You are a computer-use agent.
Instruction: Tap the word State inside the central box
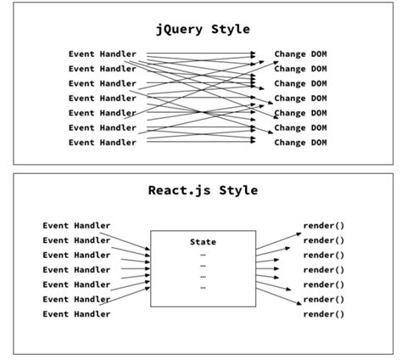click(203, 242)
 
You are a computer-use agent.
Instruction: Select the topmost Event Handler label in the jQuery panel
click(102, 54)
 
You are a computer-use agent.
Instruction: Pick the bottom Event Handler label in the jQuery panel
click(102, 143)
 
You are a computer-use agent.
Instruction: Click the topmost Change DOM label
click(300, 54)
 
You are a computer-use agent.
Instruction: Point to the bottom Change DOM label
click(300, 143)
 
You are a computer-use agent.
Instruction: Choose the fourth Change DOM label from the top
click(300, 98)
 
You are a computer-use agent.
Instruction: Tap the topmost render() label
click(324, 226)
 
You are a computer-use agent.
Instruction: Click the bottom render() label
click(324, 314)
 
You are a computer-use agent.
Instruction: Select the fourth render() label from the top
click(324, 270)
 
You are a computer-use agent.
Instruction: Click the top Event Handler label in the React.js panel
click(76, 226)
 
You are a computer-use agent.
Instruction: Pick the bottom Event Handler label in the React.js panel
click(76, 314)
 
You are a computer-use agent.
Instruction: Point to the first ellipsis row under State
click(203, 255)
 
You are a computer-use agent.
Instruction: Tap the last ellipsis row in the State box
click(203, 288)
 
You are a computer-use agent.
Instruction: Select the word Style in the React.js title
click(235, 190)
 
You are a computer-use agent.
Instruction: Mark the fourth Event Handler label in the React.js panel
click(76, 270)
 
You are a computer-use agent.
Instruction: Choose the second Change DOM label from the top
click(300, 69)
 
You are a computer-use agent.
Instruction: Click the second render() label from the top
click(324, 240)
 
